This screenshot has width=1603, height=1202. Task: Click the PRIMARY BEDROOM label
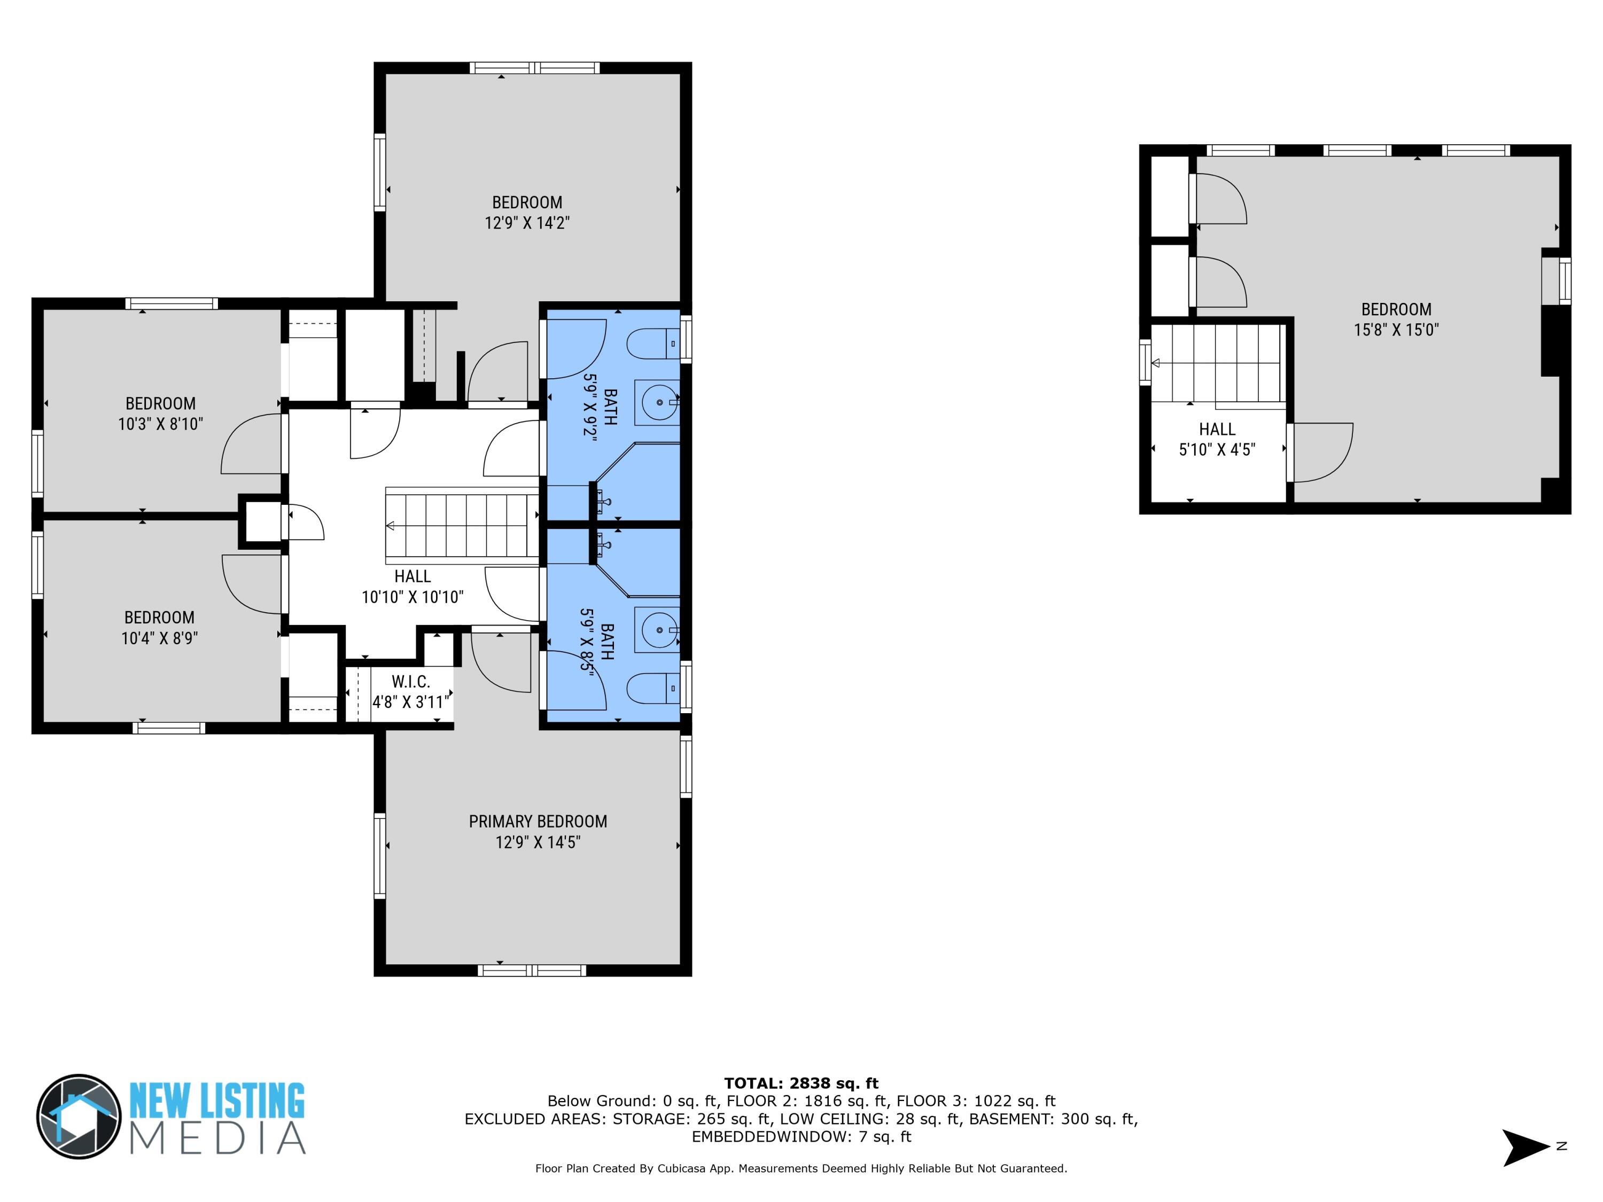538,822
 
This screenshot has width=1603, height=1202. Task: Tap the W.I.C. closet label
411,682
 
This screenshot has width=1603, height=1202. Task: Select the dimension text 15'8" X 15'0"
1396,330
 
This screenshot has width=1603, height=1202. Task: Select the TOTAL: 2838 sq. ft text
801,1083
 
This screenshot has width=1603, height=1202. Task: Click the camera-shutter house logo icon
79,1117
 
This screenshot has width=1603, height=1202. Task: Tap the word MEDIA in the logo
217,1138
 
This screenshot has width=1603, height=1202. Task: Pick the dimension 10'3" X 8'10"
160,424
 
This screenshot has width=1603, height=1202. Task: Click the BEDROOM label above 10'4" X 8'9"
159,618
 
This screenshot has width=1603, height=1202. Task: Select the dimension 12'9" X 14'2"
527,222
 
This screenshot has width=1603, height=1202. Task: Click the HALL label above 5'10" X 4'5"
1217,429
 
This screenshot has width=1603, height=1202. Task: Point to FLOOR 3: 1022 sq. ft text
975,1101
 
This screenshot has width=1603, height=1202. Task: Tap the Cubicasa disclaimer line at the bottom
801,1168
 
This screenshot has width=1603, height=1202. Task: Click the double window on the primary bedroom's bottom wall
532,971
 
